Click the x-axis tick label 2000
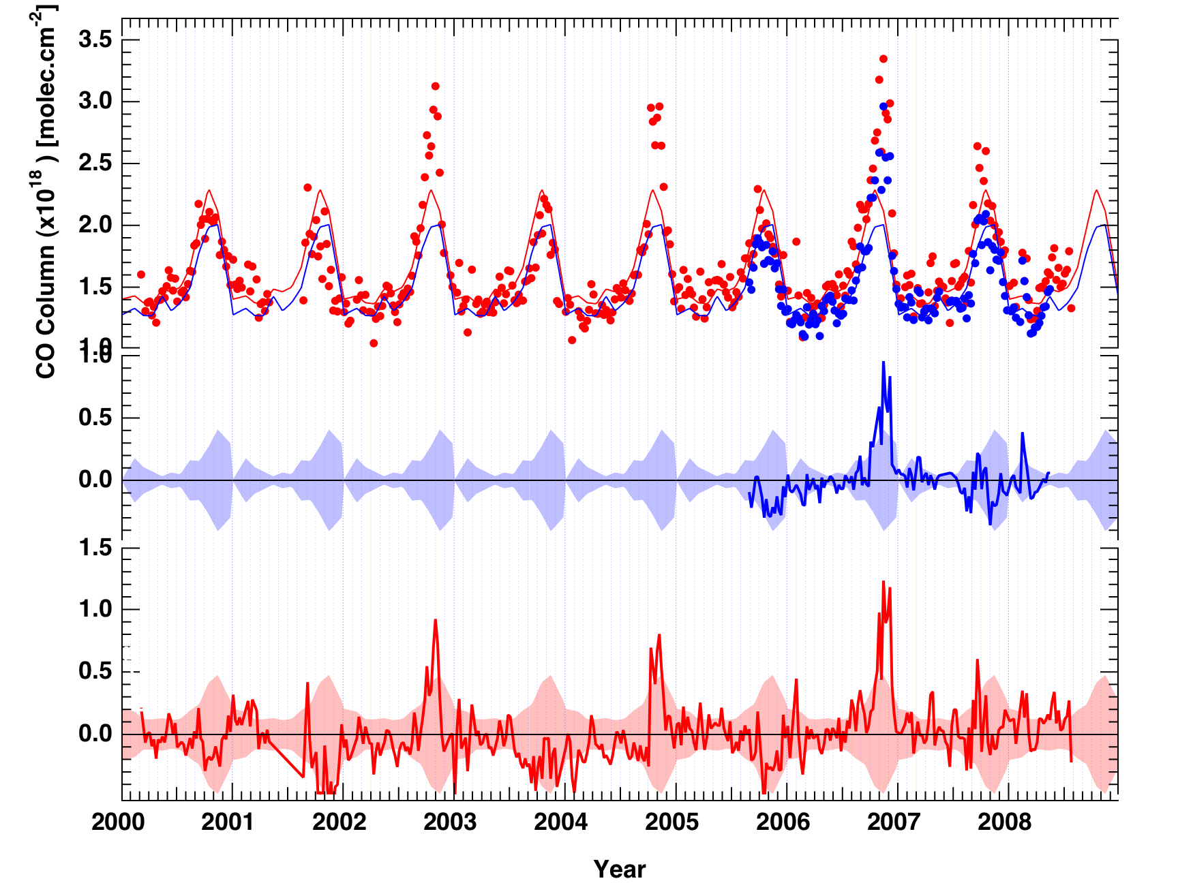118,822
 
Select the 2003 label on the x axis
450,822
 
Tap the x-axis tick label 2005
671,822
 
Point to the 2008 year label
1004,822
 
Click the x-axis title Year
619,869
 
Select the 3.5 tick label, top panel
95,40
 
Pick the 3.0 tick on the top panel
95,102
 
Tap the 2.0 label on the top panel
95,225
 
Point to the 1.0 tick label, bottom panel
95,609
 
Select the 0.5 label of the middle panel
95,418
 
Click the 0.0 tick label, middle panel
95,480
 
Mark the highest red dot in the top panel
883,59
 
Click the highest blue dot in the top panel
883,106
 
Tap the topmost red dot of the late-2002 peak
435,86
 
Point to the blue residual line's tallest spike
883,362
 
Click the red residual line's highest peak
883,582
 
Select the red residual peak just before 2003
436,620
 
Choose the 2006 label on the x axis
783,822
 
